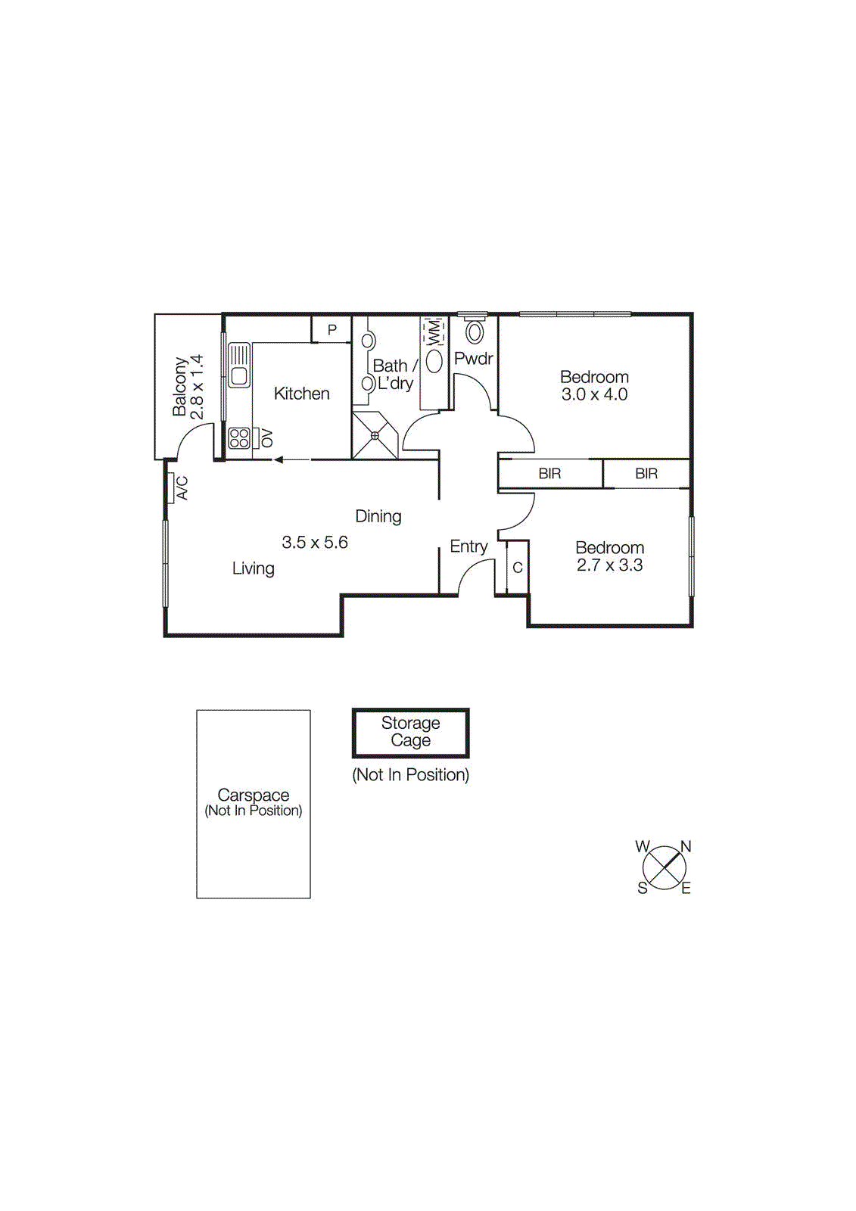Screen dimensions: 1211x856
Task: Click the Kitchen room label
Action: [x=301, y=394]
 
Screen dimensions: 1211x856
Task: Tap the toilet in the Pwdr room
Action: [x=475, y=331]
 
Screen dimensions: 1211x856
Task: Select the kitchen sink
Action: [x=239, y=366]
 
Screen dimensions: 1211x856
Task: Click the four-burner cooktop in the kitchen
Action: [x=239, y=438]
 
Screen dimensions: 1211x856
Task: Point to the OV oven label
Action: [x=266, y=438]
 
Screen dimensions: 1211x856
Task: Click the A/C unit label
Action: [x=182, y=487]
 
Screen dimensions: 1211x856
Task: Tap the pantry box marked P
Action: [x=332, y=329]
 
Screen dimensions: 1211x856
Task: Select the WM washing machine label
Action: [x=434, y=332]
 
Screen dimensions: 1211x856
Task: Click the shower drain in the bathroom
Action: [x=375, y=435]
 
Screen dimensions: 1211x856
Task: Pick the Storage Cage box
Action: [x=410, y=733]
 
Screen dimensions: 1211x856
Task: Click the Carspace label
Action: [x=253, y=795]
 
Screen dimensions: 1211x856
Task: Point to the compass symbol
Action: [x=664, y=867]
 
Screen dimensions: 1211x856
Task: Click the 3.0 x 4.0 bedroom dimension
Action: [x=594, y=394]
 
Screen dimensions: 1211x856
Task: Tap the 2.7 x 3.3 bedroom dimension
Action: [x=609, y=565]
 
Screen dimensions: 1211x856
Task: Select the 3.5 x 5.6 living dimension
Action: [x=315, y=543]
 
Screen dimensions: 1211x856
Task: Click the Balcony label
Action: [x=179, y=387]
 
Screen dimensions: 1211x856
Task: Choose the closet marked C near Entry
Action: [x=518, y=568]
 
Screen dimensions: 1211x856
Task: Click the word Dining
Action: [x=378, y=516]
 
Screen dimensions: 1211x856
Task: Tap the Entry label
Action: [x=468, y=546]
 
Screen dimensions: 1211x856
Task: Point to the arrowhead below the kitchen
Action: [x=279, y=459]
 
